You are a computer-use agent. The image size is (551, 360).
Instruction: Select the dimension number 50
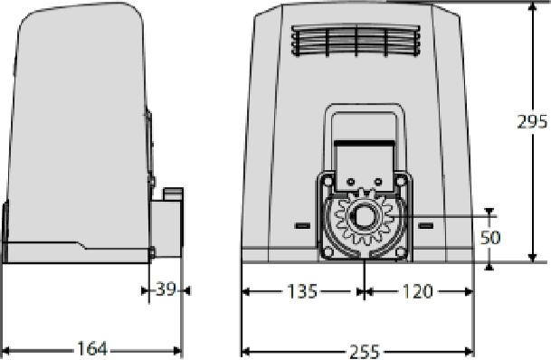pos(490,238)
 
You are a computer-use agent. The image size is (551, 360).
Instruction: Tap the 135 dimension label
pos(302,291)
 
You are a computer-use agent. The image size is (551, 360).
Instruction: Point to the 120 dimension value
pos(416,291)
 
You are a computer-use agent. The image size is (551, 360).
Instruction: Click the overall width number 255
pos(359,349)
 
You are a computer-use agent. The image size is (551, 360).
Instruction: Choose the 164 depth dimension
pos(90,349)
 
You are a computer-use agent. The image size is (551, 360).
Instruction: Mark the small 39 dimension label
pos(166,290)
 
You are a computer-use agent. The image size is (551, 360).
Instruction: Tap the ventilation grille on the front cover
pos(356,42)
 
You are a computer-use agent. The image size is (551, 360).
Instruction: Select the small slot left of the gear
pos(301,224)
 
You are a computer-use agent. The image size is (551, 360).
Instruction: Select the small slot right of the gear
pos(425,224)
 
